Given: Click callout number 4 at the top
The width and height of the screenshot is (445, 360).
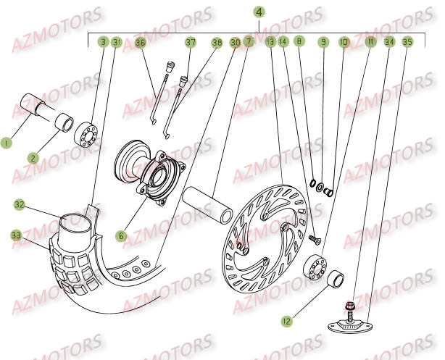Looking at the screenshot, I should point(259,12).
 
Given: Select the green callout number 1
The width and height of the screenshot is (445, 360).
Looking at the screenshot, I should point(7,143).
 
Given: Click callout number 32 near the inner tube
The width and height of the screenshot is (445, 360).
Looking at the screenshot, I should point(20,205).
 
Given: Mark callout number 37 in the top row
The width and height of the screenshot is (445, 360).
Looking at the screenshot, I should point(190,43).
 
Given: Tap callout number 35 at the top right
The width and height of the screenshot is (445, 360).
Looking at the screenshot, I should point(407,43).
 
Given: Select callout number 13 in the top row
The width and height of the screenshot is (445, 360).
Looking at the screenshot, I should point(270,43).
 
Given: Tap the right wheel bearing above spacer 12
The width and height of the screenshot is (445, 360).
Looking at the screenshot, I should point(316,267).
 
